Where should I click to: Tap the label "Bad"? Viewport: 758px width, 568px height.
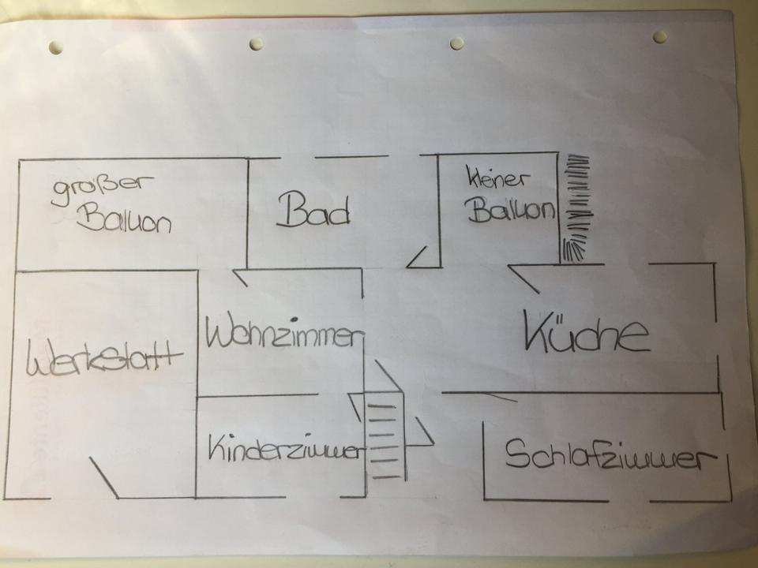pyautogui.click(x=313, y=211)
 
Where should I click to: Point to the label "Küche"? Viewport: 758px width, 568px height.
pyautogui.click(x=587, y=334)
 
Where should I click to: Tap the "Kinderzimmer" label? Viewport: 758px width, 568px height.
pyautogui.click(x=286, y=450)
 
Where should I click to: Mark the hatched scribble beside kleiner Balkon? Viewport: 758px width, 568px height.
pyautogui.click(x=577, y=210)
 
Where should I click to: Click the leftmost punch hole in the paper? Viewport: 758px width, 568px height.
pyautogui.click(x=55, y=47)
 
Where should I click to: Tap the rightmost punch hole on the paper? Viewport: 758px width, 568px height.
pyautogui.click(x=659, y=36)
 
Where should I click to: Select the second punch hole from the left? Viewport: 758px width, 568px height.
pyautogui.click(x=257, y=43)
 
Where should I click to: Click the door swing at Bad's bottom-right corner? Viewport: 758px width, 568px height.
pyautogui.click(x=418, y=256)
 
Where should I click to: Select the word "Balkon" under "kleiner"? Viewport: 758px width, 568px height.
pyautogui.click(x=511, y=211)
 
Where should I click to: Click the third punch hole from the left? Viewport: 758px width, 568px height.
pyautogui.click(x=457, y=43)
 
